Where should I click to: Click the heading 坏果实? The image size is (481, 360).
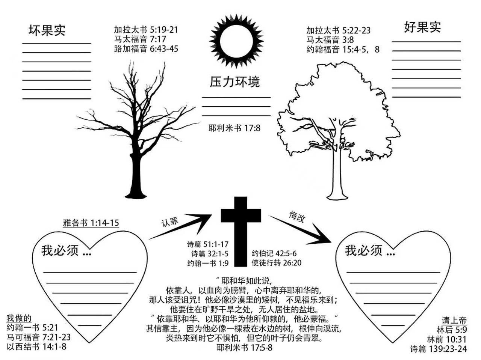(47, 30)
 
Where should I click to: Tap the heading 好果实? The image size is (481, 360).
(422, 27)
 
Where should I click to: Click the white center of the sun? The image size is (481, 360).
(236, 41)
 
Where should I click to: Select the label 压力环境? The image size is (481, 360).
(235, 82)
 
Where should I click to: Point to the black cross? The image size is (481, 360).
(240, 231)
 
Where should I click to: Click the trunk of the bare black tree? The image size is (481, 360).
(136, 175)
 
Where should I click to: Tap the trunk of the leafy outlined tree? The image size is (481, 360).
(337, 175)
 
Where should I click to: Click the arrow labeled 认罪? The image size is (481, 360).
(180, 226)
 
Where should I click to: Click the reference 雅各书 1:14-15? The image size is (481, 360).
(91, 223)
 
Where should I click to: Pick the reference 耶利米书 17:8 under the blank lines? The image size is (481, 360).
(234, 128)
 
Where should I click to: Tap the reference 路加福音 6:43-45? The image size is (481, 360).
(146, 48)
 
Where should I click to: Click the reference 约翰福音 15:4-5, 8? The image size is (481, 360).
(343, 50)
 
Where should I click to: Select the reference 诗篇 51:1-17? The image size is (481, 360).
(208, 244)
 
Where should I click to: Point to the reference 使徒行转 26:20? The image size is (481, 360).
(277, 263)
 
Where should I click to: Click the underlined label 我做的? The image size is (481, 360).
(19, 318)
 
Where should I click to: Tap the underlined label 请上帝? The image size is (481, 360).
(454, 321)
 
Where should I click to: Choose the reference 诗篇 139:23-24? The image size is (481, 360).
(439, 349)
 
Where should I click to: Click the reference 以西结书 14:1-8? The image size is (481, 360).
(36, 347)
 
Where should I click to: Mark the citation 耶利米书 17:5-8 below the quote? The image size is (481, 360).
(245, 348)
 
